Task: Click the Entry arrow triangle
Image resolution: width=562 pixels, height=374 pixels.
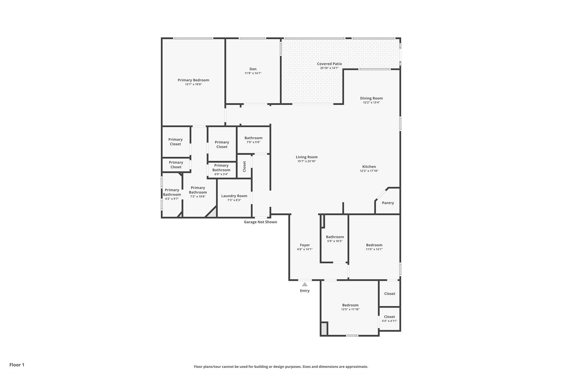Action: tap(305, 284)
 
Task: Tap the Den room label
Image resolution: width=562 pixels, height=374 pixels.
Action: tap(253, 69)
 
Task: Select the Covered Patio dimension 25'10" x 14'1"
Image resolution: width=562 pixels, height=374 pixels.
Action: tap(329, 68)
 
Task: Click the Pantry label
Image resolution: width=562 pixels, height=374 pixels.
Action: tap(388, 203)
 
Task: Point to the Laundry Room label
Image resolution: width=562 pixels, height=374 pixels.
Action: tap(234, 196)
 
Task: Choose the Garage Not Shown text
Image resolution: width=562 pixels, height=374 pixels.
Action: tap(260, 222)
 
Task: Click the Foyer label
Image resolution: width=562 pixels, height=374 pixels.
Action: tap(305, 245)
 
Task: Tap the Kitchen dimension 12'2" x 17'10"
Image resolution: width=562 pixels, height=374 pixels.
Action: tap(369, 171)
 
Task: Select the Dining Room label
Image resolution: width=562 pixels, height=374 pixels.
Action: tap(371, 98)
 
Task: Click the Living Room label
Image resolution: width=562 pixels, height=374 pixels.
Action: tap(307, 157)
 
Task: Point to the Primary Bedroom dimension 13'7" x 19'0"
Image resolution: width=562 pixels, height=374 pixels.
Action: tap(193, 84)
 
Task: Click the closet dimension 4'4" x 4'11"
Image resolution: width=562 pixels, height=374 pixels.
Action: tap(389, 321)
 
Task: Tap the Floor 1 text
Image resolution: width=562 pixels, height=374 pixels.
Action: tap(17, 365)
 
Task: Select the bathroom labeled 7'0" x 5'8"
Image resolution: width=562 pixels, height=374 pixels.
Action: tap(253, 140)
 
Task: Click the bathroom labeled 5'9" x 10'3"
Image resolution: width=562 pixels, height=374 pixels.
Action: tap(335, 239)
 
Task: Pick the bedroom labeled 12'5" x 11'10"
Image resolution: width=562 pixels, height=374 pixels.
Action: tap(350, 307)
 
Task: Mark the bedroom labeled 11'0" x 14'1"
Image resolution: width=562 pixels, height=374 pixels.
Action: tap(374, 247)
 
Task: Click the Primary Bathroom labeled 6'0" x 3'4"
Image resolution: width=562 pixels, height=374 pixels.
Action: tap(221, 170)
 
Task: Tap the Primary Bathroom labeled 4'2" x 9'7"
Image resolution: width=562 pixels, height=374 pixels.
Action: tap(172, 194)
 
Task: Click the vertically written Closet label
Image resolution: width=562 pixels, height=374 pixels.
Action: tap(244, 166)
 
